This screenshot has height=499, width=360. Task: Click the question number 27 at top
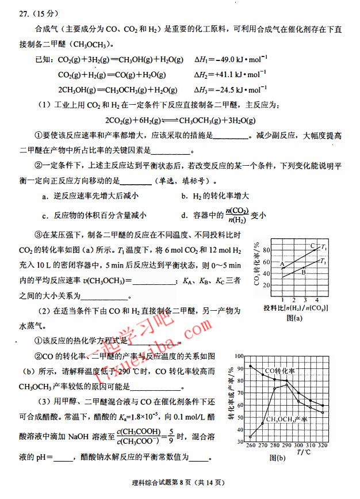pyautogui.click(x=23, y=12)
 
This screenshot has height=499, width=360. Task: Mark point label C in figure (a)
pyautogui.click(x=312, y=246)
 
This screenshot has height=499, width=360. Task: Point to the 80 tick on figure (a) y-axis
pyautogui.click(x=266, y=250)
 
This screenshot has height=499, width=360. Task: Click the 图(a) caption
pyautogui.click(x=294, y=317)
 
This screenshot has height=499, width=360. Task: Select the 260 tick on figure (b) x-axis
pyautogui.click(x=251, y=446)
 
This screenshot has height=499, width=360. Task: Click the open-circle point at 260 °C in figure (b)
pyautogui.click(x=251, y=436)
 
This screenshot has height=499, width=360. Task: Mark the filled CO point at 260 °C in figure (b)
pyautogui.click(x=251, y=366)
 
